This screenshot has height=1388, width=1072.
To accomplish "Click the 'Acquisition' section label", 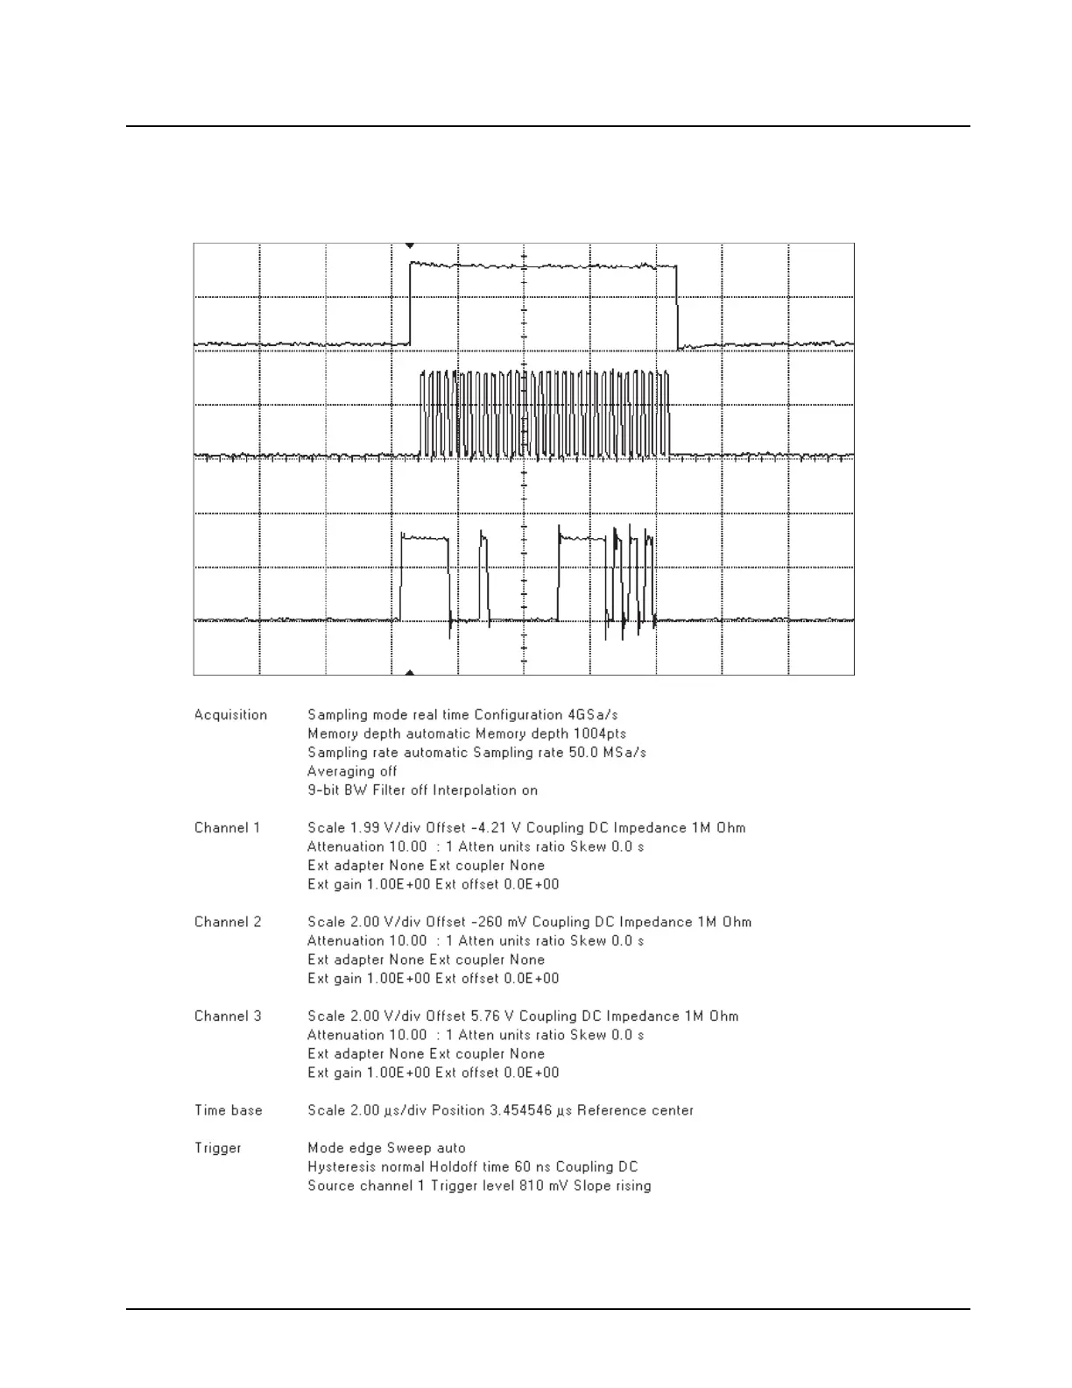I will click(x=230, y=715).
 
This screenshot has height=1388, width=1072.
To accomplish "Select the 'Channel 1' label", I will click(x=228, y=828).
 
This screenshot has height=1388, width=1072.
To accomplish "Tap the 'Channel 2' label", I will click(x=228, y=922).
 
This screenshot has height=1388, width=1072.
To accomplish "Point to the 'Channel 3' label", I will click(x=228, y=1016).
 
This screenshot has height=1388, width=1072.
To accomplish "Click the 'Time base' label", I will click(x=229, y=1110).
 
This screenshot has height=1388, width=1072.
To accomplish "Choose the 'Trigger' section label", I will click(x=218, y=1148).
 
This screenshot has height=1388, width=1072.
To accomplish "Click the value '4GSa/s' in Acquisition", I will click(x=594, y=715).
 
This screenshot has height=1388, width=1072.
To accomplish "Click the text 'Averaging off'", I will click(x=352, y=772).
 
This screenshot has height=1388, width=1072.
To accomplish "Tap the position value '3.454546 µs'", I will click(x=521, y=1110).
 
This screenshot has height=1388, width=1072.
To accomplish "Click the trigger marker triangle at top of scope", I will click(x=409, y=246).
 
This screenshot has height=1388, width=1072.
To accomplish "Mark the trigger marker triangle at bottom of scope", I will click(x=409, y=672).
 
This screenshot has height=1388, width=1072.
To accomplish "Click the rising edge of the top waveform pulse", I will click(x=410, y=302).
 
